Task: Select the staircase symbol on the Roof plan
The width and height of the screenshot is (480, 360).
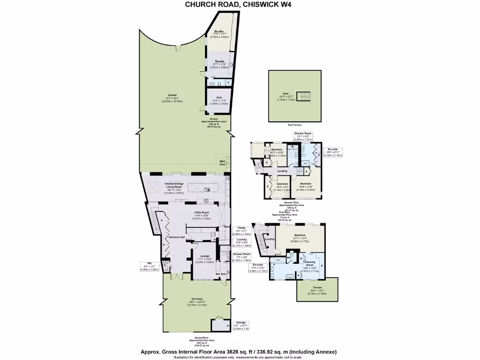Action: (x=305, y=96)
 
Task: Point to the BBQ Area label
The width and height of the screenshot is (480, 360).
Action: (x=222, y=162)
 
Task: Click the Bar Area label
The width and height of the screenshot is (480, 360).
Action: (x=221, y=273)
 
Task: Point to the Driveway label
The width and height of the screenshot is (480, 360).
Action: (x=196, y=289)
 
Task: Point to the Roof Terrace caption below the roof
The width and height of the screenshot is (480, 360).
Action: (x=295, y=126)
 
